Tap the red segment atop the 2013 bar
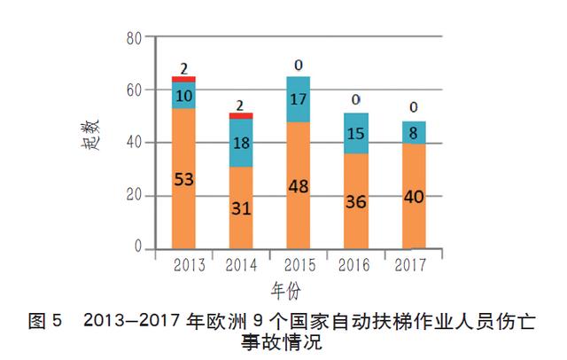click(183, 79)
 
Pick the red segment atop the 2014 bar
click(241, 115)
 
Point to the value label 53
click(183, 179)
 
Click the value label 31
click(241, 209)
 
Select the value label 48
click(299, 187)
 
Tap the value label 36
click(356, 202)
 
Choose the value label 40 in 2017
click(412, 197)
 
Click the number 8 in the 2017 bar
click(413, 132)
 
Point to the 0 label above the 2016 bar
click(356, 99)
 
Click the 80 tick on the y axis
click(134, 38)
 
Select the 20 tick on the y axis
click(134, 196)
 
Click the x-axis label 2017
click(412, 265)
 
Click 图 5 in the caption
click(46, 321)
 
